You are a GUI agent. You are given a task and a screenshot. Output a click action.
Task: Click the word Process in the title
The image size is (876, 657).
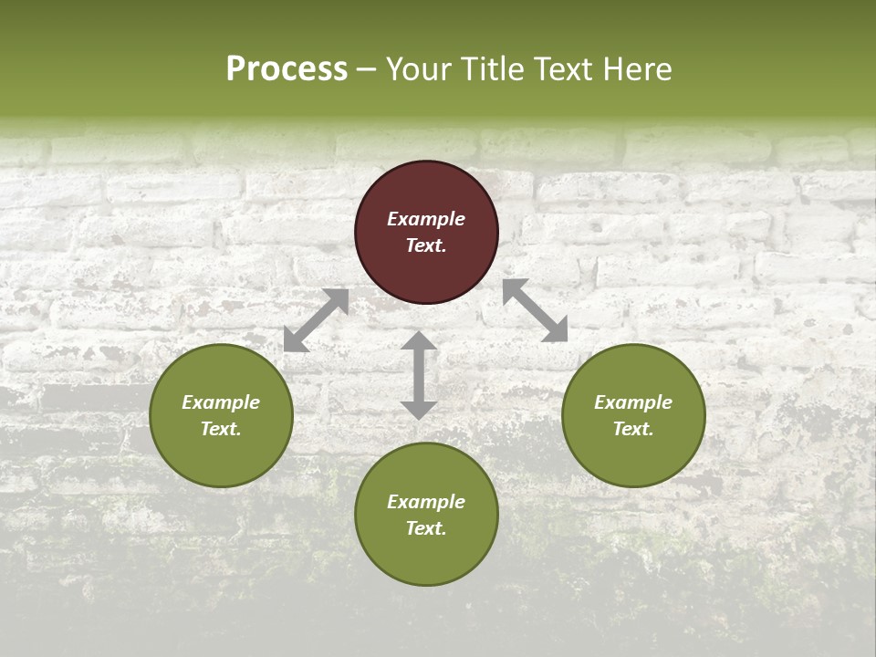(287, 69)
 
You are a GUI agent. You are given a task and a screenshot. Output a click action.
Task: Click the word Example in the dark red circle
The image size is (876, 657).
(426, 219)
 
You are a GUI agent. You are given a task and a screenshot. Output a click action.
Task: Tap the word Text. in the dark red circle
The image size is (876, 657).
(426, 245)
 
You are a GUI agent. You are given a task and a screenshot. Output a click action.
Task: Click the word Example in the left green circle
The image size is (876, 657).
(221, 402)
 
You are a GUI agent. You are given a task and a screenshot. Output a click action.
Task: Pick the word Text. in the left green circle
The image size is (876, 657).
(221, 429)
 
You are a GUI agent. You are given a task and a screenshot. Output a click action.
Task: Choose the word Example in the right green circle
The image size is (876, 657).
(633, 402)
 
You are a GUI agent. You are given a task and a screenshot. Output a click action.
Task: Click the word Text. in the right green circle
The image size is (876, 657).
(633, 429)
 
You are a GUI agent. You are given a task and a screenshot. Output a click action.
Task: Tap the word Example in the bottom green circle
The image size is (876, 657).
(426, 502)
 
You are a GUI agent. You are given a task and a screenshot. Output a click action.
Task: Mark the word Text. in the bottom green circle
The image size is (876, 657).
(426, 528)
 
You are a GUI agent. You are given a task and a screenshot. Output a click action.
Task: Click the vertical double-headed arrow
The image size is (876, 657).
(419, 375)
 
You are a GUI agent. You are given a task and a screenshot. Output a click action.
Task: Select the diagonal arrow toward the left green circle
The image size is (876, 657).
(317, 319)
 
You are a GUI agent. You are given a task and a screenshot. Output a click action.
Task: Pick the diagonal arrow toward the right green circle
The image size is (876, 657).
(535, 310)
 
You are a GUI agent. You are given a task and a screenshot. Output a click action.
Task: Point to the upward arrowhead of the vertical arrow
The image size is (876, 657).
(419, 340)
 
